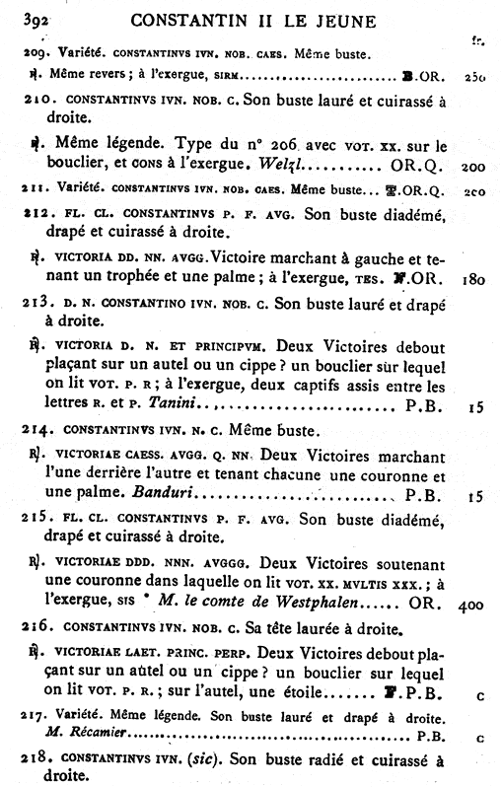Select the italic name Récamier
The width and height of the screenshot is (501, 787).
(86, 732)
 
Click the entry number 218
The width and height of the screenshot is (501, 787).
(36, 759)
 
